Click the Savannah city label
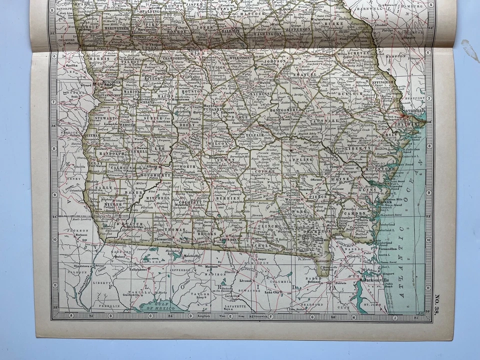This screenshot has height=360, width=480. pyautogui.click(x=413, y=110)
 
